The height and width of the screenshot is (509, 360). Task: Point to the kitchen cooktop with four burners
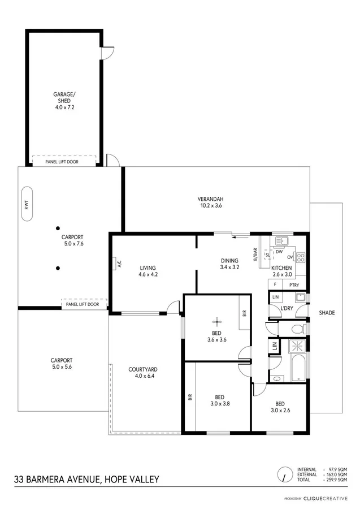pos(301,257)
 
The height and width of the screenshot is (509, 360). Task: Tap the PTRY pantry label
pos(294,285)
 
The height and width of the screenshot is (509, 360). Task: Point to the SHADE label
pos(327,313)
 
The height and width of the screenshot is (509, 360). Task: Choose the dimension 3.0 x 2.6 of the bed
pos(280,411)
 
